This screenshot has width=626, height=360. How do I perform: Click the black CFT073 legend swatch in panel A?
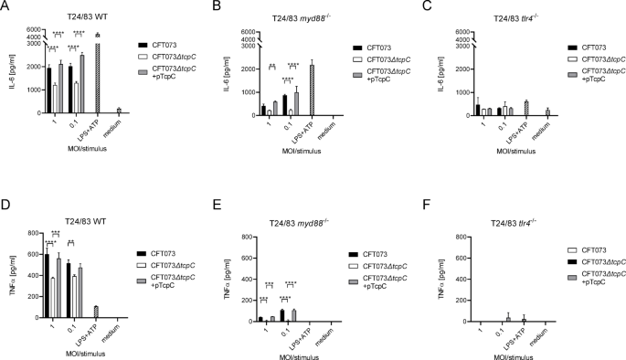(x=144, y=43)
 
